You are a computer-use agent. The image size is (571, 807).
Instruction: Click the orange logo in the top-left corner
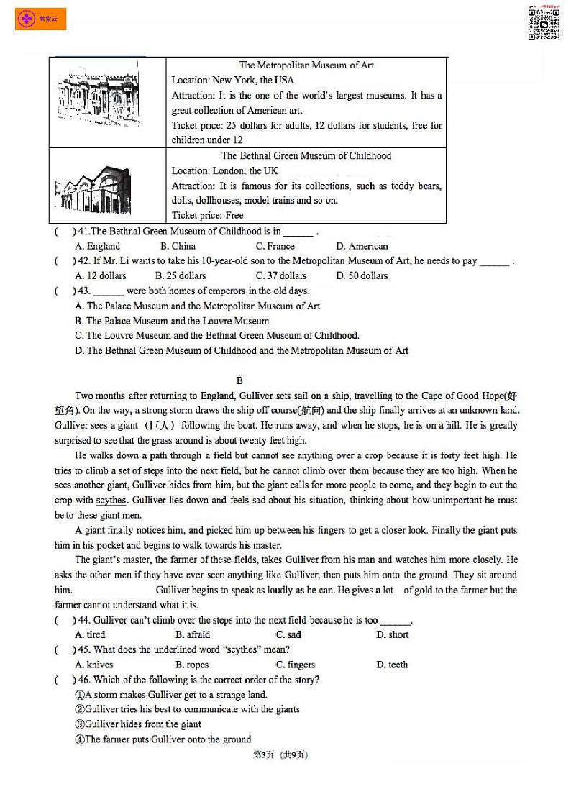tap(40, 19)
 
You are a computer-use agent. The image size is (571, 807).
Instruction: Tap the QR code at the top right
tap(544, 22)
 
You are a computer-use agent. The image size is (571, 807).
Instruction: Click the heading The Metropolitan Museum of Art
tap(306, 65)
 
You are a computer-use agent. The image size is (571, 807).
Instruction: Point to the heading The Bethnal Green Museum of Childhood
tap(306, 156)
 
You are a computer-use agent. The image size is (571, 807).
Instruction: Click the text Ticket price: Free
tap(207, 216)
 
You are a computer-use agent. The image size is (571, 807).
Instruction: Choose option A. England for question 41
tap(98, 246)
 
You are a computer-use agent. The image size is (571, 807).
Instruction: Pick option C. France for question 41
tap(275, 246)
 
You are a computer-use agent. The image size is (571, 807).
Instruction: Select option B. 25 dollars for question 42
tap(181, 276)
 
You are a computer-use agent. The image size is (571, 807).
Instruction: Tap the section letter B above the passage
tap(239, 380)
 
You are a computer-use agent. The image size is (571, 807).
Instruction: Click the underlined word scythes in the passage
tap(111, 501)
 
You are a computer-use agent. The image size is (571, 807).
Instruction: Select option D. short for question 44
tap(393, 635)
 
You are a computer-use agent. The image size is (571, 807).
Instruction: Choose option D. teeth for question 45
tap(392, 665)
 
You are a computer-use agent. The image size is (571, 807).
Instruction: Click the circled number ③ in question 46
tap(80, 724)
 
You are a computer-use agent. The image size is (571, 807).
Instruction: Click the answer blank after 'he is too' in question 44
tap(395, 621)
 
